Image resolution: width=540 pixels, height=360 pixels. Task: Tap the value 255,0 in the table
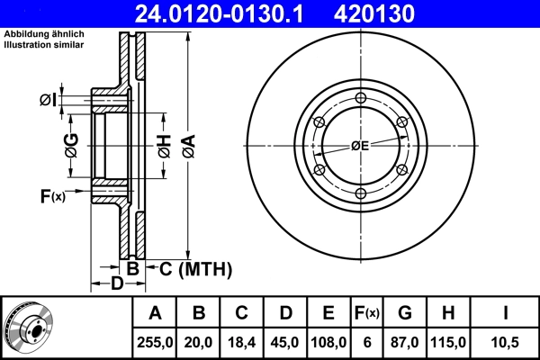[155, 341]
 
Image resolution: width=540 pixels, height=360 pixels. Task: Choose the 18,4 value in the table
[242, 341]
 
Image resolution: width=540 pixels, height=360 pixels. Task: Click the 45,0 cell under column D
[285, 341]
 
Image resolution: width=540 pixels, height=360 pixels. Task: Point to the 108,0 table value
[328, 341]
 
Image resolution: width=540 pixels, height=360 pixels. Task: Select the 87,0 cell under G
[405, 341]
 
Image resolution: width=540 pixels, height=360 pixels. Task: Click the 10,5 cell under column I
[507, 341]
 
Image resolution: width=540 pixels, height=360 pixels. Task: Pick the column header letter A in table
[155, 313]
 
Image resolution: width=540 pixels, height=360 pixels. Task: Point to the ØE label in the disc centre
[360, 145]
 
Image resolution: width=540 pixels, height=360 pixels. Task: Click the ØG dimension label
[72, 143]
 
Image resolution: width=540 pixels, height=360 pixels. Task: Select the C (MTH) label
[195, 268]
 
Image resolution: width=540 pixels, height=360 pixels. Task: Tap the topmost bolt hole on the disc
[361, 99]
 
